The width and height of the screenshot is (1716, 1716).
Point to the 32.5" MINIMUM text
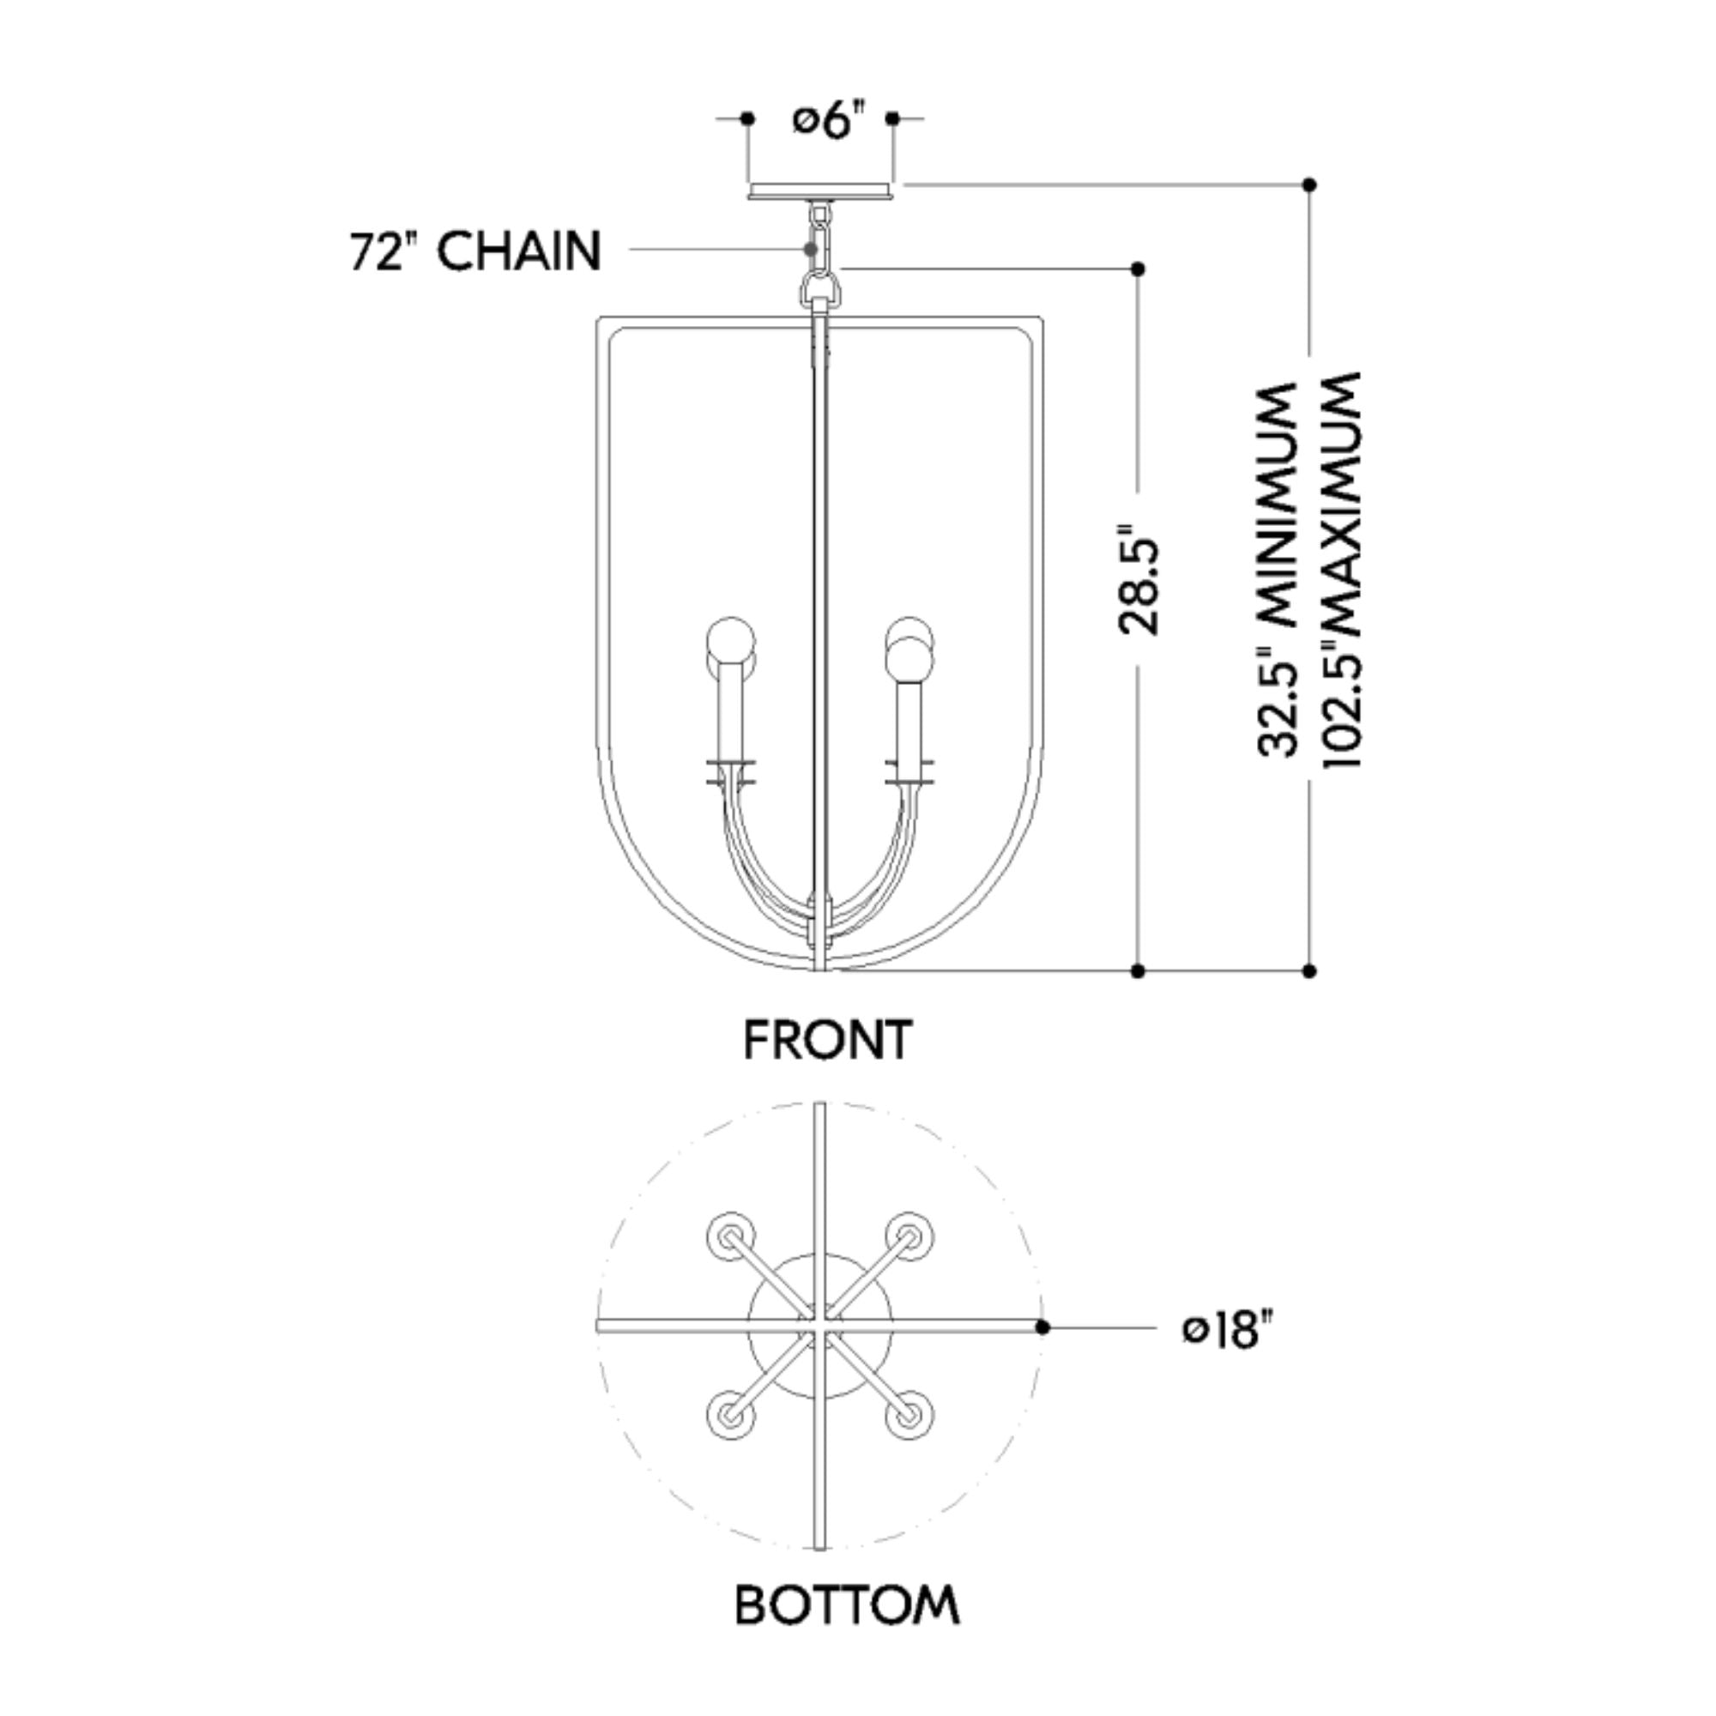(1278, 570)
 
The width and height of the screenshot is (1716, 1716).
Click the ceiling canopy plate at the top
(819, 192)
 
